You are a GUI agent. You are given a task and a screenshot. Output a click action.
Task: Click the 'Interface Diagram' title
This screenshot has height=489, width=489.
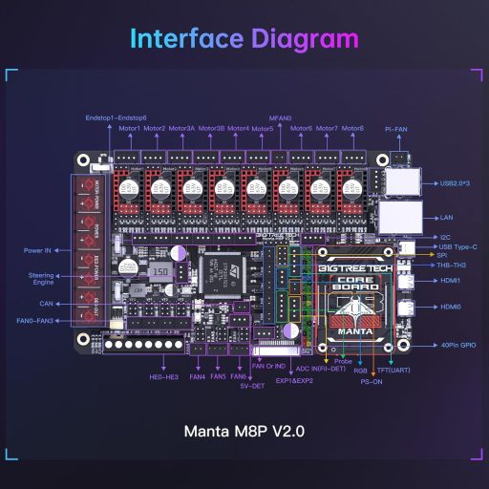(244, 39)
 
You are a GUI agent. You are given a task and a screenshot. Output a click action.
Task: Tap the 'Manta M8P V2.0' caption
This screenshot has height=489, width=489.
(244, 432)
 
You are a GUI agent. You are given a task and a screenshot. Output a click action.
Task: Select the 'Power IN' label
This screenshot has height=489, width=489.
(40, 250)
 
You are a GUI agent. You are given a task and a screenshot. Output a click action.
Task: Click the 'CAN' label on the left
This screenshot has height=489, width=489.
(46, 305)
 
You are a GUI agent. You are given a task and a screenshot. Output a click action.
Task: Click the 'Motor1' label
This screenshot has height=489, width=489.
(130, 128)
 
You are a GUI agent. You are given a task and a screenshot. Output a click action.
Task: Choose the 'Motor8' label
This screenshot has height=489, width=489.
(352, 128)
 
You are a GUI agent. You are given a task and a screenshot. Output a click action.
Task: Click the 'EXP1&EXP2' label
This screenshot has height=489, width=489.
(296, 381)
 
